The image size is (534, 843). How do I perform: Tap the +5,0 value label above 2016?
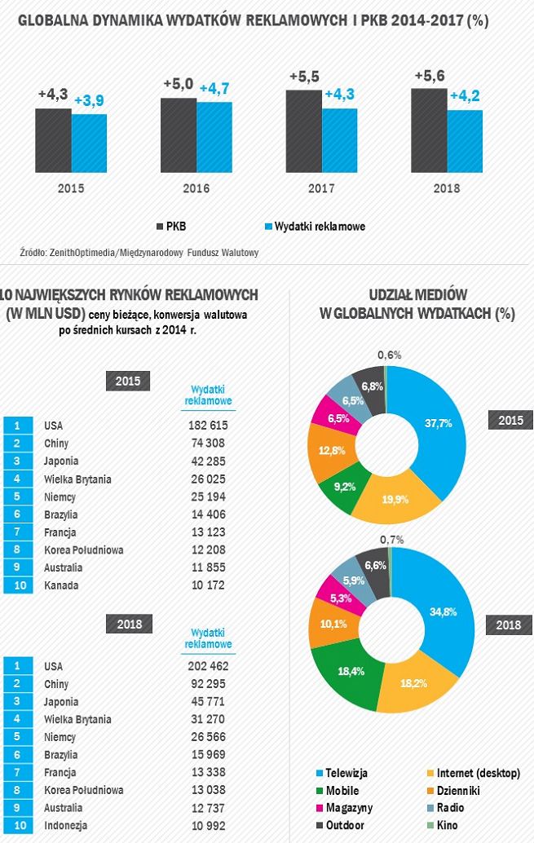[x=178, y=84]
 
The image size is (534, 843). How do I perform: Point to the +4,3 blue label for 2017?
[x=339, y=95]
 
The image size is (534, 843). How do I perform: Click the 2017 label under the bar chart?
[x=321, y=188]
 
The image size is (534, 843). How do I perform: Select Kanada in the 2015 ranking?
[x=60, y=585]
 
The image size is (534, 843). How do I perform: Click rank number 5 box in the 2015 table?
[x=17, y=497]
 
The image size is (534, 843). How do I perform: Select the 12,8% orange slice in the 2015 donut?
[x=325, y=452]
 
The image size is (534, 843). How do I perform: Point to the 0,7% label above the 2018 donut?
[x=392, y=540]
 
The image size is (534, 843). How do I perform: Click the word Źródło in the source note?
[x=33, y=253]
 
